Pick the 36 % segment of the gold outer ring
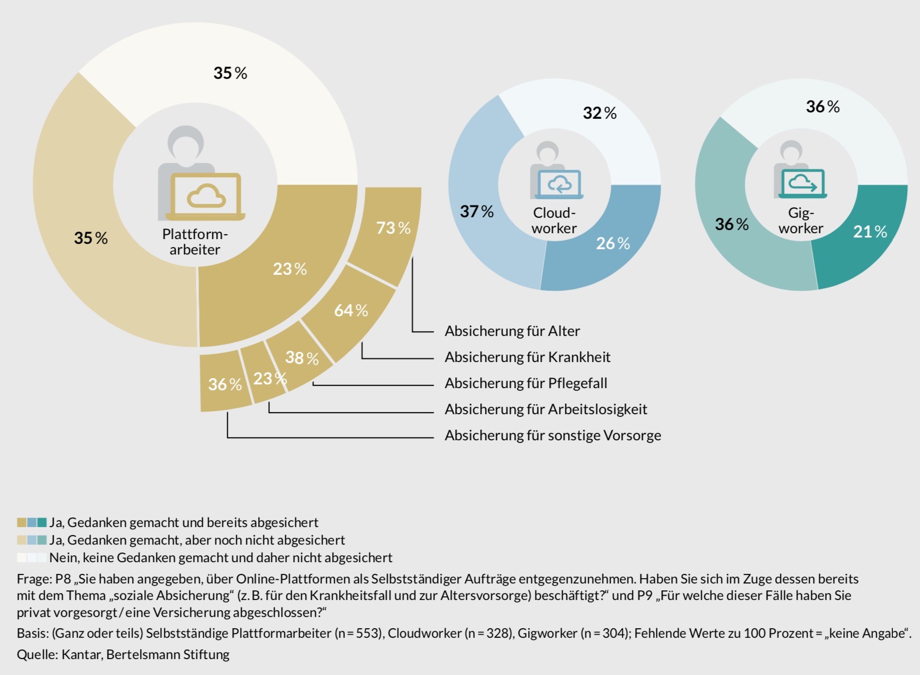(224, 383)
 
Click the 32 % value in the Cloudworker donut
(599, 113)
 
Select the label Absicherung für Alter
(512, 331)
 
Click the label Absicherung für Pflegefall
(525, 383)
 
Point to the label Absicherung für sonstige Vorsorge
(553, 435)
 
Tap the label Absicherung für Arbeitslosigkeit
(546, 409)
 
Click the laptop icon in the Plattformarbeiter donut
(205, 196)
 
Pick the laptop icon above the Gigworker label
(802, 183)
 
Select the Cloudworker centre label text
(554, 220)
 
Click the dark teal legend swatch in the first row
(42, 522)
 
